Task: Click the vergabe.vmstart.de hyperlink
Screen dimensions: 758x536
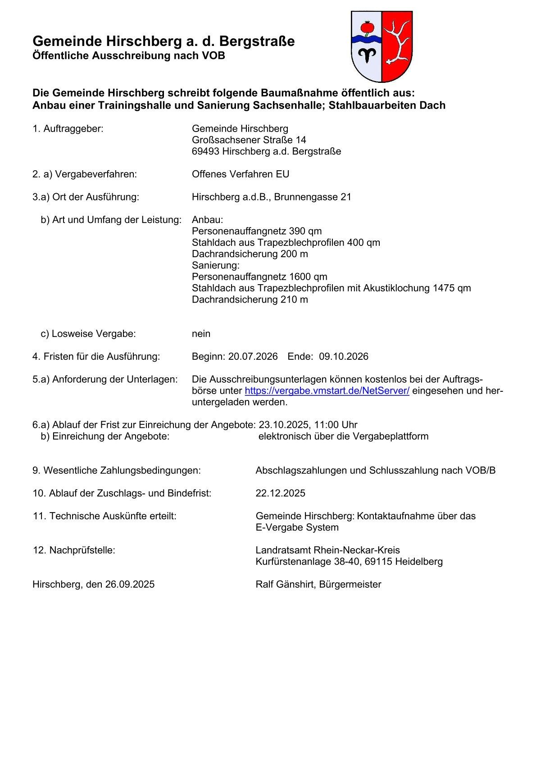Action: (x=327, y=390)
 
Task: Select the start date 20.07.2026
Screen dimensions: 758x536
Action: (x=253, y=356)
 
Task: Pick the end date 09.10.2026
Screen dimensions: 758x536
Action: (x=344, y=356)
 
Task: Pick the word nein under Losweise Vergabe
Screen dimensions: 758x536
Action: (x=201, y=334)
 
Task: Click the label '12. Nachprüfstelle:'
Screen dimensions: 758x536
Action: (x=74, y=550)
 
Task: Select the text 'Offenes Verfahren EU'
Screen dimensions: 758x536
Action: (x=241, y=174)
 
